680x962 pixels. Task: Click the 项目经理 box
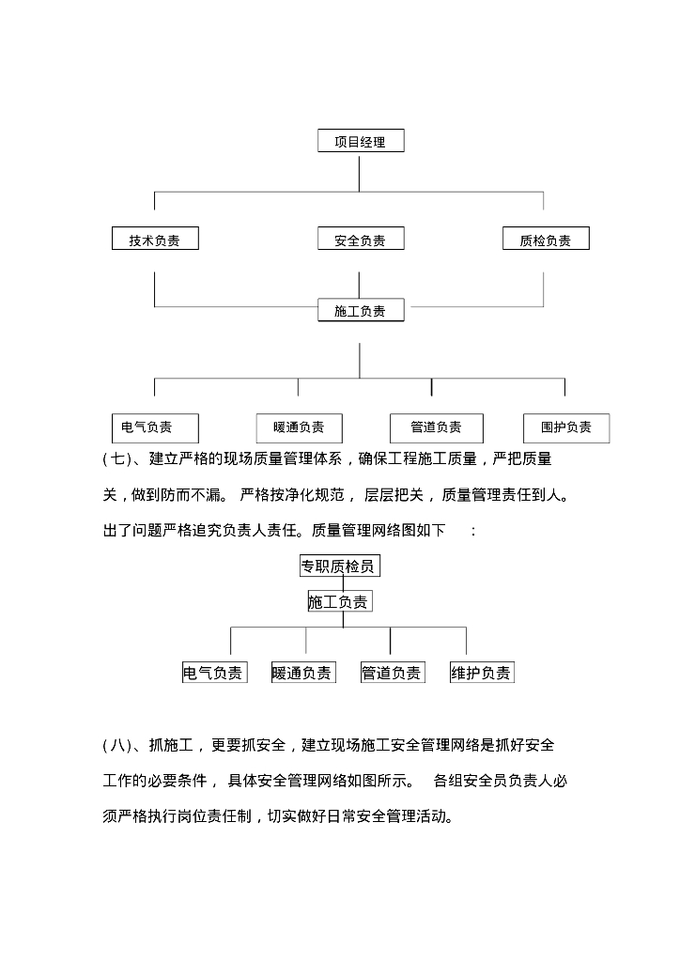click(x=360, y=142)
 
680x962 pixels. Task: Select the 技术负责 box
click(x=154, y=240)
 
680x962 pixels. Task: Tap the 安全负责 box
click(x=360, y=240)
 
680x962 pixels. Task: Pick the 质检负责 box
click(x=545, y=240)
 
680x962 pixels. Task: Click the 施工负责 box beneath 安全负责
click(x=360, y=310)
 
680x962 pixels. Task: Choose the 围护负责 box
click(x=565, y=427)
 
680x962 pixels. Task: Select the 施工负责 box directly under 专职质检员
click(x=339, y=601)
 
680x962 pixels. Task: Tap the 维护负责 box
click(x=482, y=673)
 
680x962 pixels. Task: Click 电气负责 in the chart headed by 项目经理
click(x=154, y=427)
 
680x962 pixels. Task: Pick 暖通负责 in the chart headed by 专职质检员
click(x=302, y=673)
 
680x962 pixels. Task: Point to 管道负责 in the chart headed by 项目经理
click(x=436, y=427)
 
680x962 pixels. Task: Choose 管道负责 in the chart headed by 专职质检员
click(x=392, y=673)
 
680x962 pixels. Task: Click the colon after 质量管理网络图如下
click(x=473, y=531)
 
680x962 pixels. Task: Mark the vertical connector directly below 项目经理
click(x=360, y=173)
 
